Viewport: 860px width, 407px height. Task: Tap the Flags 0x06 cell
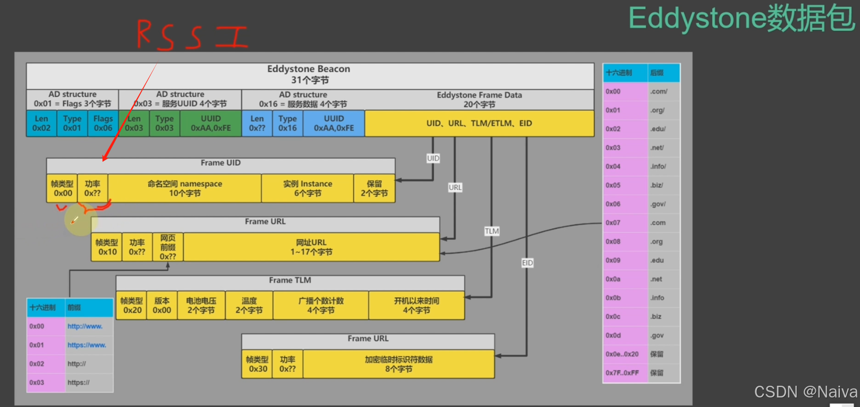coord(103,123)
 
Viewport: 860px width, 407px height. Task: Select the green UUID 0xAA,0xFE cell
coord(211,123)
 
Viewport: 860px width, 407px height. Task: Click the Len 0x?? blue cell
coord(257,123)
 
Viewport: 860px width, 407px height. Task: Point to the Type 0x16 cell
coord(287,123)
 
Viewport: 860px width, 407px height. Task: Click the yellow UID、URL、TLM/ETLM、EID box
coord(479,123)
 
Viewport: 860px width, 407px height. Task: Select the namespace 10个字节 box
coord(184,188)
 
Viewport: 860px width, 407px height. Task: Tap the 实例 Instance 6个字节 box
coord(308,188)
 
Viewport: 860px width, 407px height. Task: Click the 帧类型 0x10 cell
coord(107,247)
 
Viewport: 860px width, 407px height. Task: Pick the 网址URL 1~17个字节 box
coord(311,247)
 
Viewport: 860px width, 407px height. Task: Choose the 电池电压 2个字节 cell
coord(201,305)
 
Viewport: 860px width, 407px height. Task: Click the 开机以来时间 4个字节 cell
coord(416,305)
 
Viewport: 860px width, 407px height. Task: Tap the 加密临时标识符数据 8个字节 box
coord(398,364)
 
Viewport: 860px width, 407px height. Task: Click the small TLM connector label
coord(492,231)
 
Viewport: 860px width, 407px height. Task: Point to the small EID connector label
coord(527,263)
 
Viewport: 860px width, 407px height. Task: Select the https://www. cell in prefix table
coord(87,345)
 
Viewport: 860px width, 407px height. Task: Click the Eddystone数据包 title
coord(742,18)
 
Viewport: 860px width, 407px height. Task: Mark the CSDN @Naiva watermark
coord(805,392)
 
